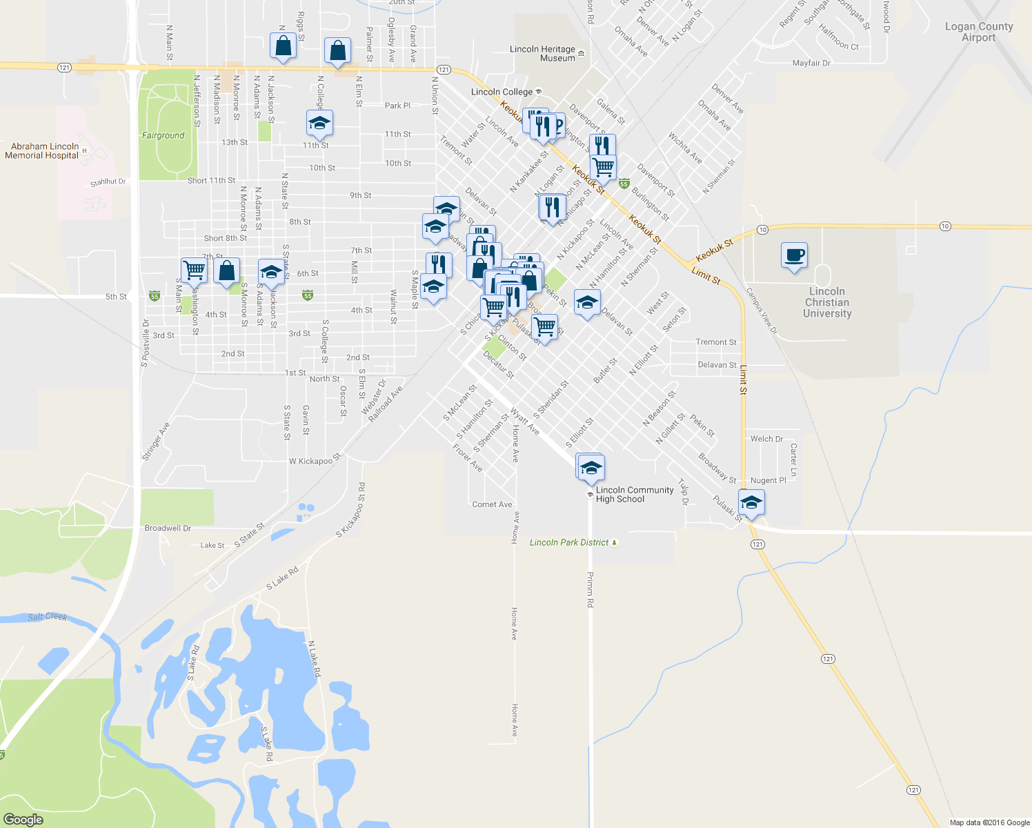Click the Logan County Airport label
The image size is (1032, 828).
coord(978,32)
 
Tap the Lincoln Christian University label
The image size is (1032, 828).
coord(827,302)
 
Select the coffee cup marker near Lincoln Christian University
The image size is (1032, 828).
coord(794,255)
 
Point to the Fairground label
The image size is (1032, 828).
coord(163,135)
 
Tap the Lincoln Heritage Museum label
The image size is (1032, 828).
coord(542,54)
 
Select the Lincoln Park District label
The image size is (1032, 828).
coord(569,542)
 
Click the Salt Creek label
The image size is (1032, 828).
coord(47,616)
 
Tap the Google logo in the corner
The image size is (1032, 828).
coord(23,819)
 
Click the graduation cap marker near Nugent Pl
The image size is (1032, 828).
coord(751,502)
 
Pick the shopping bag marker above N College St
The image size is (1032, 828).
coord(337,51)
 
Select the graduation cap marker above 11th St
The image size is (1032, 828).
coord(319,124)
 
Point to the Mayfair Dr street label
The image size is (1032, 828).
coord(811,63)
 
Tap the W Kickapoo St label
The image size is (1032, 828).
coord(315,460)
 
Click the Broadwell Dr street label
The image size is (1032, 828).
coord(168,528)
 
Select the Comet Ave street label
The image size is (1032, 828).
coord(492,504)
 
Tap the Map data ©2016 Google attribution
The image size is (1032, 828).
coord(989,822)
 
